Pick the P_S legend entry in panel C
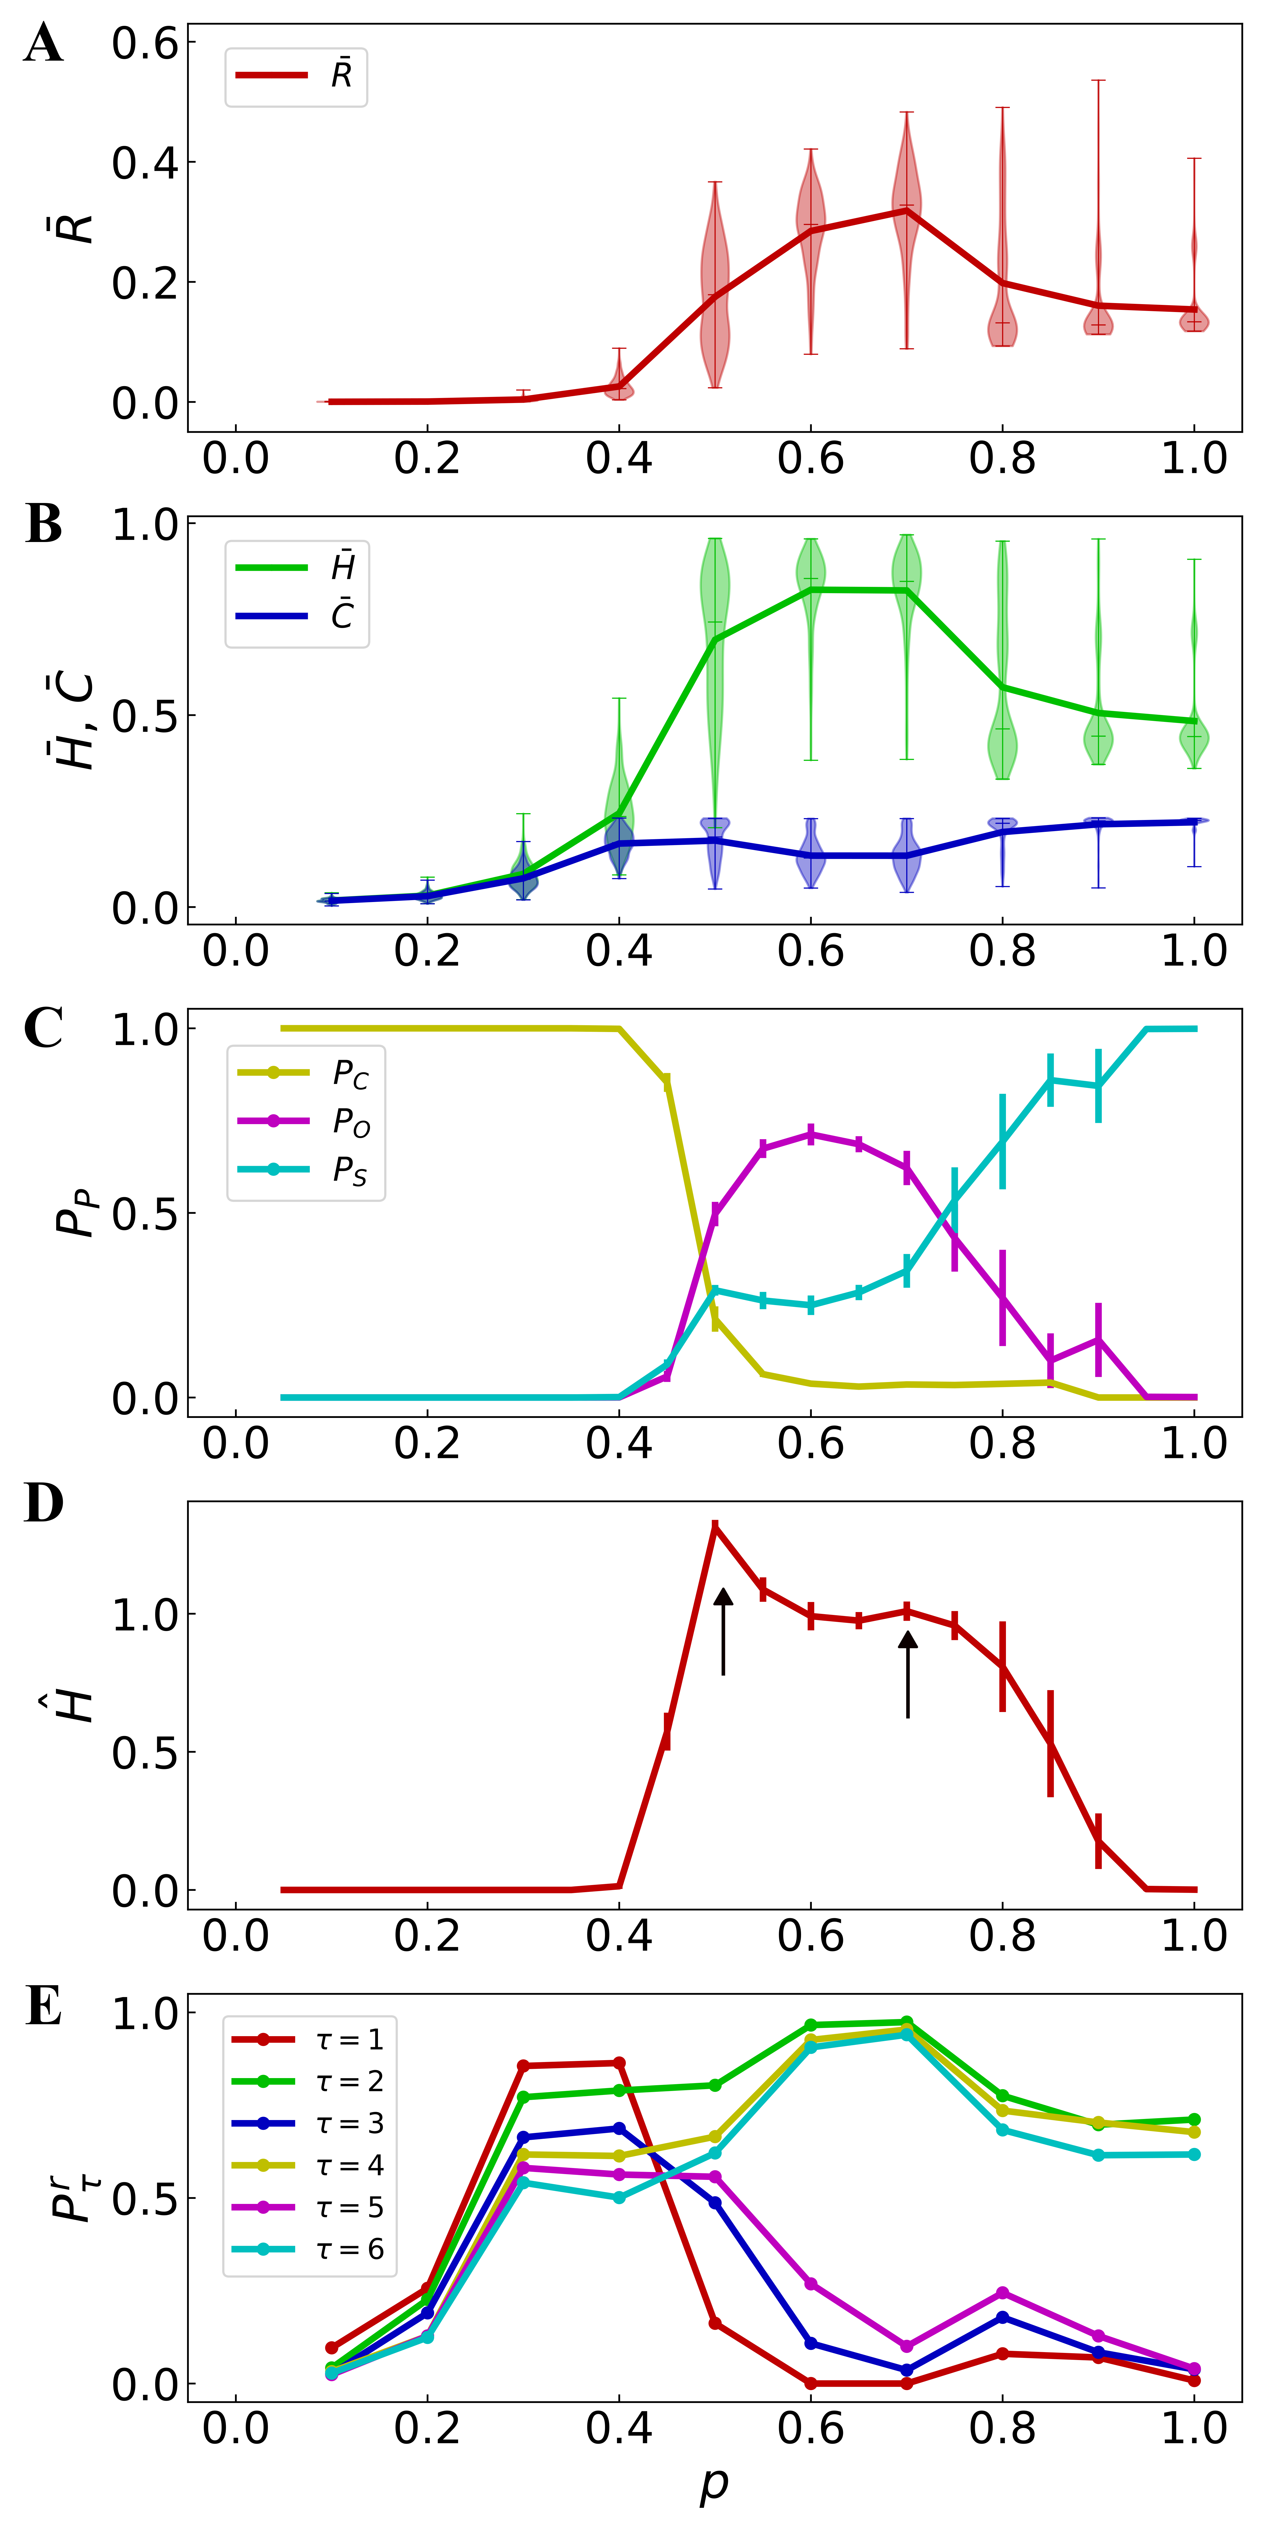305,1170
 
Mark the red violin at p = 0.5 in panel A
716,285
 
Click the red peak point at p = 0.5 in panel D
716,1527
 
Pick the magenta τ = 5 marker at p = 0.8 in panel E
1003,2293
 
